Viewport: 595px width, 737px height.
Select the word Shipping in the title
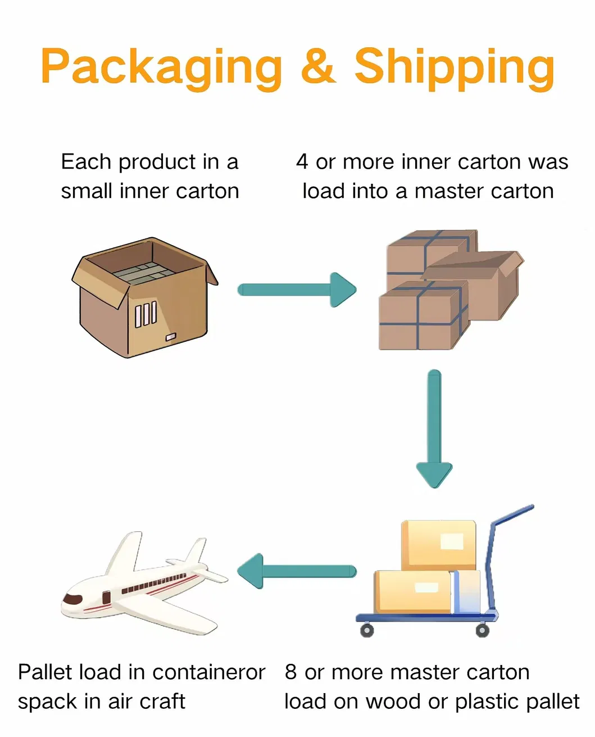(454, 67)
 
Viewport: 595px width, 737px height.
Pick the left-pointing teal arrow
(297, 571)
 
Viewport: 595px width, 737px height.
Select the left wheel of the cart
(366, 630)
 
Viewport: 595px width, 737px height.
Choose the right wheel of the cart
(482, 630)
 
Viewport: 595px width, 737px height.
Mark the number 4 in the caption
(302, 162)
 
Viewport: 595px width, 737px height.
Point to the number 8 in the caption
(290, 672)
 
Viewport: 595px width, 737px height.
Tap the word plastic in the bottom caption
(491, 702)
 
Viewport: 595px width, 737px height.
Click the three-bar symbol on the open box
(146, 314)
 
